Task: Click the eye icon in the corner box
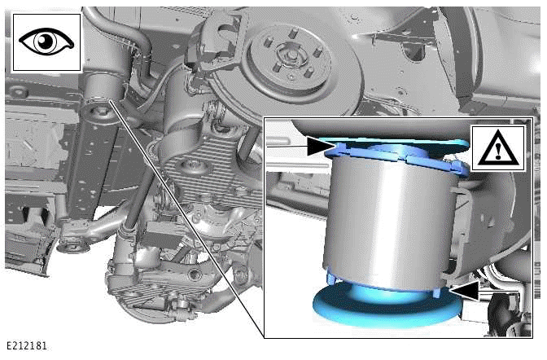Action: (46, 42)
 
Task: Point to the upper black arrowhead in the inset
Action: (318, 146)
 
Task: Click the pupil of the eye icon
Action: (46, 42)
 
